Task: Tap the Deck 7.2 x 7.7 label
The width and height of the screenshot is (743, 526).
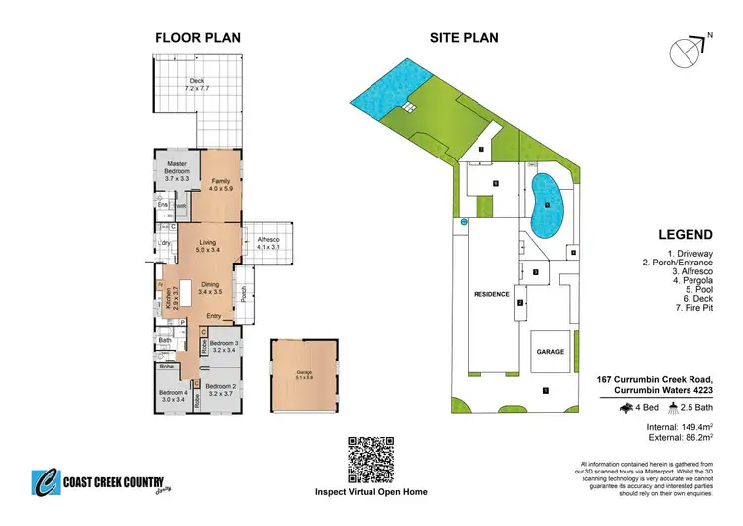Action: point(197,84)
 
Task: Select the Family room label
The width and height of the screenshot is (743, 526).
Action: point(221,184)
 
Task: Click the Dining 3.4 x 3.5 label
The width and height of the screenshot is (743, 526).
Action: point(210,288)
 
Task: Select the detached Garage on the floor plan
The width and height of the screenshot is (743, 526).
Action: point(297,374)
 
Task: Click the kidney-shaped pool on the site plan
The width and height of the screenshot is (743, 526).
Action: point(545,204)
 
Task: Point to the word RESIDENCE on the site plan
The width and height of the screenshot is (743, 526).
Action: point(490,294)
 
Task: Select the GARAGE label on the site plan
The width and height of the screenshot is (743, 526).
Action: point(550,352)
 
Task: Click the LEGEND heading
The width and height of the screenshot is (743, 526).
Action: point(686,235)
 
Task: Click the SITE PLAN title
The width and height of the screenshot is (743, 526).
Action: point(464,39)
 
